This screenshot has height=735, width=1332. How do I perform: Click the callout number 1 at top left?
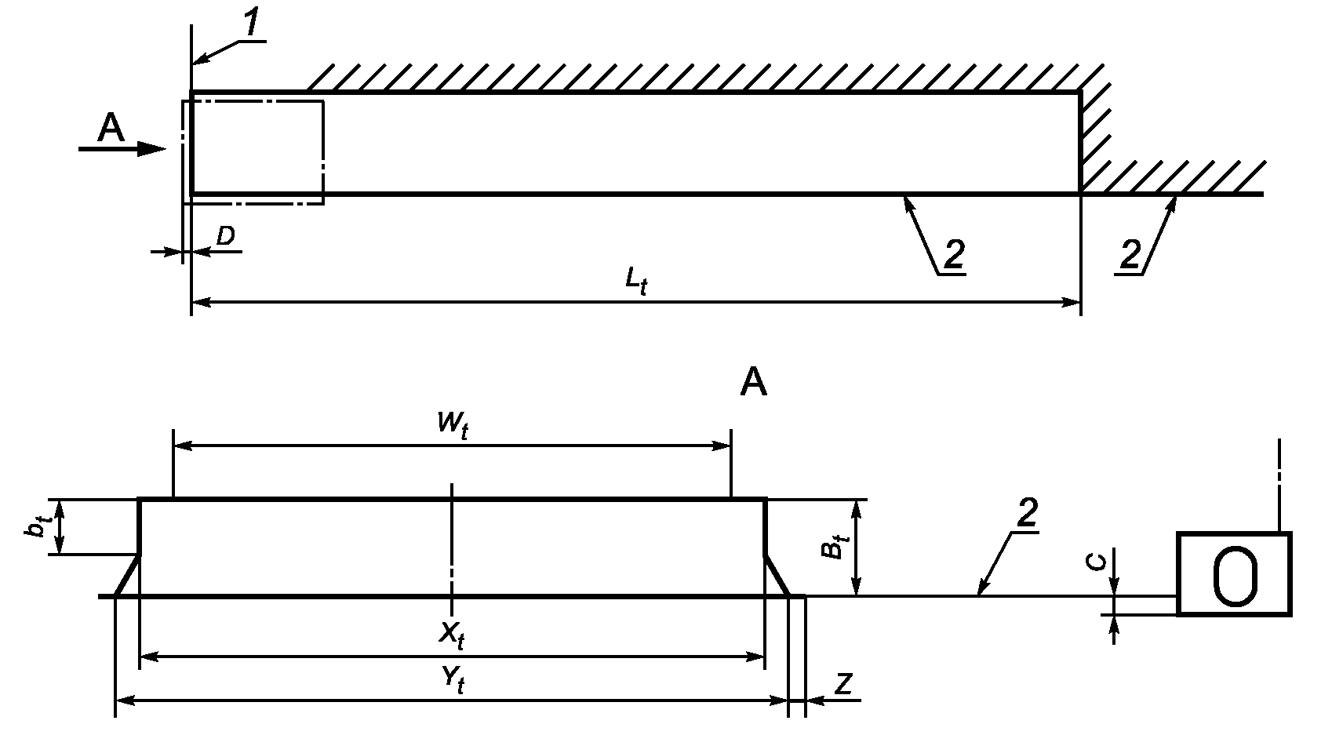253,23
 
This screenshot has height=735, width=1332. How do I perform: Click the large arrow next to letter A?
122,149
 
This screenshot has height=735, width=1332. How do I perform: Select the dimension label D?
226,236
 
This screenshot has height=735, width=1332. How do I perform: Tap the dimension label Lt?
635,281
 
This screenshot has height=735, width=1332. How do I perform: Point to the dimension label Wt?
453,424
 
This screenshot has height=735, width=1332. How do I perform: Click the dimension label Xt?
452,635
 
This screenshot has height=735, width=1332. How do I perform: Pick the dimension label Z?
844,684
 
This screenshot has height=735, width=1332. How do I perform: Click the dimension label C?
1097,562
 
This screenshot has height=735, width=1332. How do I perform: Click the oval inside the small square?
1235,577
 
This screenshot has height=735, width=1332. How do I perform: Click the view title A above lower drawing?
753,382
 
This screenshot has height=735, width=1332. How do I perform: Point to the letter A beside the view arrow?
111,128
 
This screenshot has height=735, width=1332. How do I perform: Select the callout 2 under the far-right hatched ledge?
1130,254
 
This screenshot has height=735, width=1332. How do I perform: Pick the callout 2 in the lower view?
1028,512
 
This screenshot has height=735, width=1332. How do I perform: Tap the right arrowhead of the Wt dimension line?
721,446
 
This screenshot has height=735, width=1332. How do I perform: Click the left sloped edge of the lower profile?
127,575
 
